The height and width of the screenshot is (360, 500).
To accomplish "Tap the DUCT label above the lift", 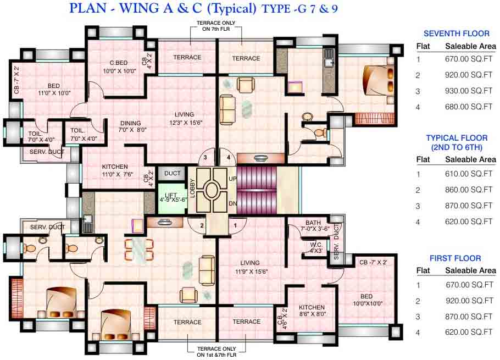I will pos(173,174).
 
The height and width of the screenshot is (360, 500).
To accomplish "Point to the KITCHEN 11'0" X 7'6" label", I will pos(115,170).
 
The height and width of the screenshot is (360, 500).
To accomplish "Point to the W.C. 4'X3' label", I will pos(315,247).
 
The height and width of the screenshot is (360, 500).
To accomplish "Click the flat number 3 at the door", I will pos(205,158).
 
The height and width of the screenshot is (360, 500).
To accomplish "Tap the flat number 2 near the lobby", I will pos(202,225).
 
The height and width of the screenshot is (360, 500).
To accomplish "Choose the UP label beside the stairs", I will pos(232,179).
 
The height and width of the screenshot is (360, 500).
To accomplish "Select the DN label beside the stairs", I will pos(232,203).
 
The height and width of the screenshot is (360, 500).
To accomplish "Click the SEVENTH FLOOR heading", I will pos(456,34).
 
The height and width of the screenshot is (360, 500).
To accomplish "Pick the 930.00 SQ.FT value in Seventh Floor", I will pos(469,91).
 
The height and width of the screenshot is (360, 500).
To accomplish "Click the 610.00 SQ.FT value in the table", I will pos(469,174).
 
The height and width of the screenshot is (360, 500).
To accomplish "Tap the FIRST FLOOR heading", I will pos(456,258).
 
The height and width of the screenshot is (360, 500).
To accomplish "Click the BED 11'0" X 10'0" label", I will pos(53,89).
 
